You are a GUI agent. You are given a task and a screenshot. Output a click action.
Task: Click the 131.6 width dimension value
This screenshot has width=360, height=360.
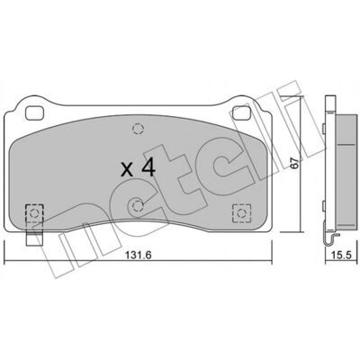click(139, 256)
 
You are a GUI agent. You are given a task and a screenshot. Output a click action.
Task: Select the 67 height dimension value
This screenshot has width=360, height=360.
click(295, 163)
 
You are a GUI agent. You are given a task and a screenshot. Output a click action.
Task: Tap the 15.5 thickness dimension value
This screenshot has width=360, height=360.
click(341, 256)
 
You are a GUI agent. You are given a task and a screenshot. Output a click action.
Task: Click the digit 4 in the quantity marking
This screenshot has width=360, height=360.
click(148, 167)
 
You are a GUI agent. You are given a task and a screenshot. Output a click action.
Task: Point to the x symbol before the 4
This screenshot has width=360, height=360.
click(128, 170)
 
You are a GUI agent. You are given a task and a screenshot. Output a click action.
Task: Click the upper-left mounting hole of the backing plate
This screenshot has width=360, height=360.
click(34, 113)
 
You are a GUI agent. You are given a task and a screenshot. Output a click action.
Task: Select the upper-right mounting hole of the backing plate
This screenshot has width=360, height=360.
click(242, 112)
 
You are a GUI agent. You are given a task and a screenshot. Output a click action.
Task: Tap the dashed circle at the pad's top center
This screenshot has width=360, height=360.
click(138, 129)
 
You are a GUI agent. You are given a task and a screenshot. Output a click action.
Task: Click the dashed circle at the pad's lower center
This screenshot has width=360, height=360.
click(138, 206)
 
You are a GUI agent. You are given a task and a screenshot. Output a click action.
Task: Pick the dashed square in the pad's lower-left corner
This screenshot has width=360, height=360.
click(34, 213)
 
